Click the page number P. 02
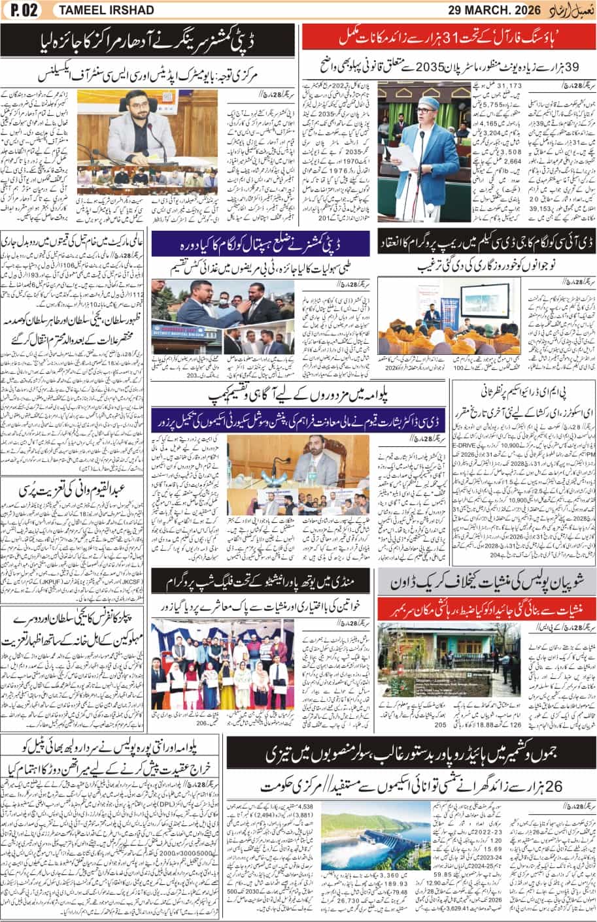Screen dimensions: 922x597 [x=21, y=10]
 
